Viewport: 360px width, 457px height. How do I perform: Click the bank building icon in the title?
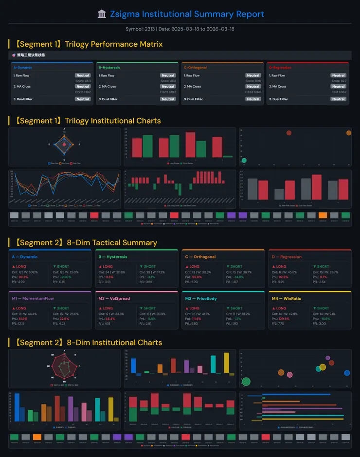tap(102, 14)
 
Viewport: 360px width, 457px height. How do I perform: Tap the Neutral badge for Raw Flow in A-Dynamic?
tap(83, 75)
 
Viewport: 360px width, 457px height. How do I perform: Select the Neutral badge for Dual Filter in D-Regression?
tap(338, 99)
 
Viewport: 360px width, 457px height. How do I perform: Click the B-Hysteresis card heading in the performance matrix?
tap(109, 68)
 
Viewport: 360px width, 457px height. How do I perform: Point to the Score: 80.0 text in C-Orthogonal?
tap(252, 81)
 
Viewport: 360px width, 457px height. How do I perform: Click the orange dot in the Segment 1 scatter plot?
tap(348, 133)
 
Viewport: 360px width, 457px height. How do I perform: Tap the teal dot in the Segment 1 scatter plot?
tap(244, 160)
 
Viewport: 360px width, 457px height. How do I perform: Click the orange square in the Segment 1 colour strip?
tap(323, 215)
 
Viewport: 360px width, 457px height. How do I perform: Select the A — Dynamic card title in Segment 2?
tap(25, 256)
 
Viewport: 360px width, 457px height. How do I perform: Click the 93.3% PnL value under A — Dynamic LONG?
tap(23, 277)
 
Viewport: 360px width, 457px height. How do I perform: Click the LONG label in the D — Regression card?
tap(281, 267)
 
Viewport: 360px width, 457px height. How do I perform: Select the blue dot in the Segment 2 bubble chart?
tap(347, 373)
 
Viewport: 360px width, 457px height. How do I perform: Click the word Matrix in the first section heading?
tap(149, 44)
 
